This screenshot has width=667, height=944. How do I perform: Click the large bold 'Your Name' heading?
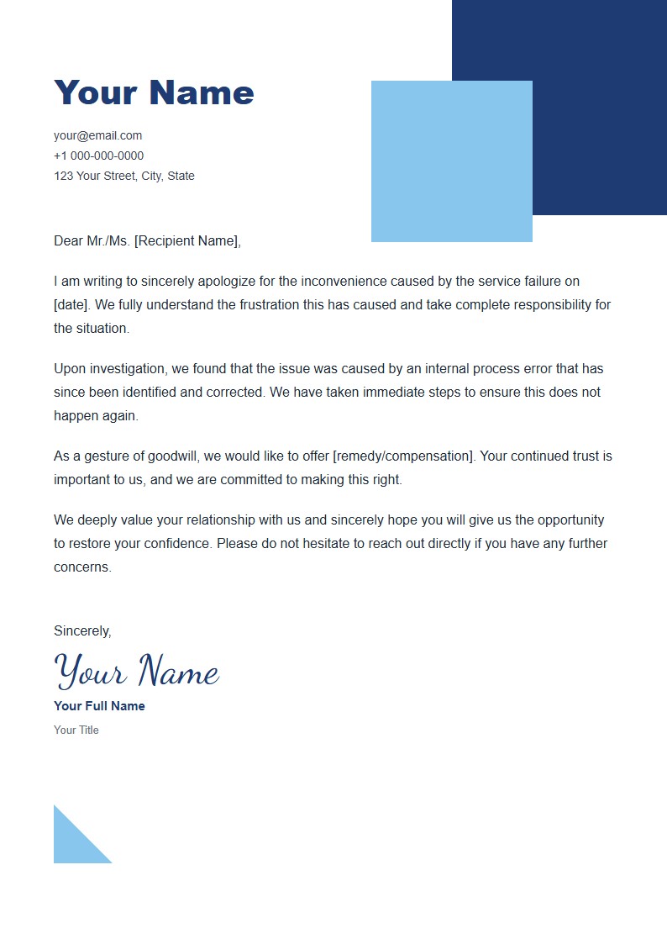pyautogui.click(x=154, y=92)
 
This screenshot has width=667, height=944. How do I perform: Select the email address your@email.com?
pyautogui.click(x=97, y=135)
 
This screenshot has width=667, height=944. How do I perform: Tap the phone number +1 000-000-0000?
pyautogui.click(x=98, y=156)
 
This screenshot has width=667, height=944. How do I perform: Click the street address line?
pyautogui.click(x=123, y=176)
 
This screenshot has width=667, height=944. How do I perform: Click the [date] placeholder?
pyautogui.click(x=71, y=304)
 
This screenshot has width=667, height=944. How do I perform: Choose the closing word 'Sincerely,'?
pyautogui.click(x=82, y=630)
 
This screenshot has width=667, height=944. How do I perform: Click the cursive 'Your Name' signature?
pyautogui.click(x=136, y=671)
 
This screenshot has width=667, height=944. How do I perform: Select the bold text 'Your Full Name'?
pyautogui.click(x=99, y=706)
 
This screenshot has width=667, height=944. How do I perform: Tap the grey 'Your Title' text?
pyautogui.click(x=76, y=730)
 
